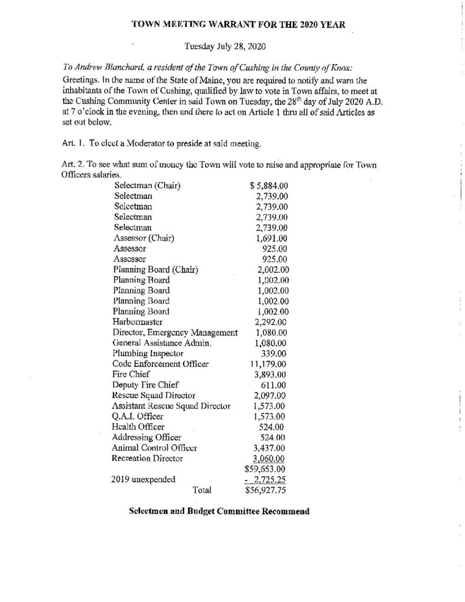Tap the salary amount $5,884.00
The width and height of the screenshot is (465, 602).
click(x=269, y=186)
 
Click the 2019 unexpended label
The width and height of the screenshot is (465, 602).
click(x=143, y=479)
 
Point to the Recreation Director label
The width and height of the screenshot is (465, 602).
click(x=147, y=457)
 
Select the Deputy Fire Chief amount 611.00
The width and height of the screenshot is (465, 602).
click(x=272, y=384)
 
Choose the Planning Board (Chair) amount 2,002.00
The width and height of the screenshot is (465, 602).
click(x=269, y=270)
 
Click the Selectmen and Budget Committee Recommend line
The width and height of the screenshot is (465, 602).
click(x=219, y=511)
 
